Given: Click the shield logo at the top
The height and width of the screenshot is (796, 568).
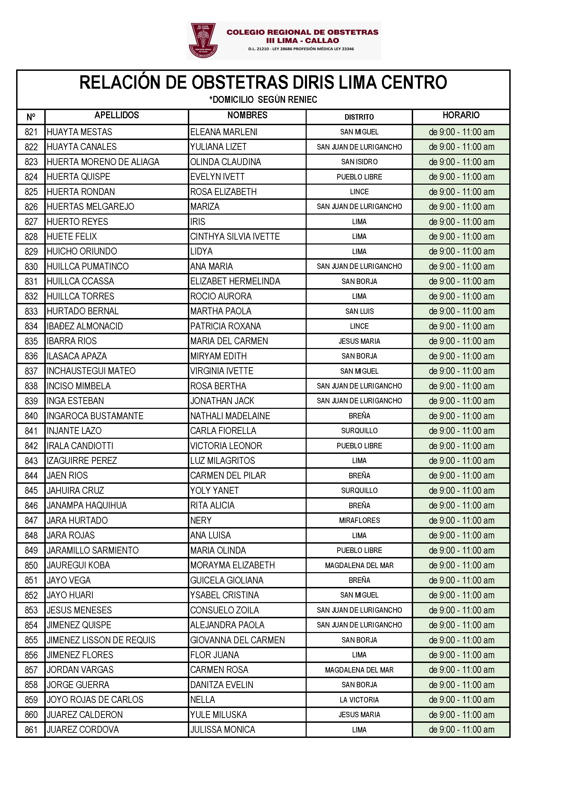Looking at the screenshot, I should (x=203, y=41).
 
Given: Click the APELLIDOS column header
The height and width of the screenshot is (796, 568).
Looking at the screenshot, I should (x=116, y=115).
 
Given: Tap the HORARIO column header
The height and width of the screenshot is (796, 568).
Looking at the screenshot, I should (x=461, y=115).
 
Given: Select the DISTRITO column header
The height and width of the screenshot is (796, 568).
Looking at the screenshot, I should (x=359, y=117).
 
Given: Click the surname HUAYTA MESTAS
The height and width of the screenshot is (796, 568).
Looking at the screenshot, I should (x=79, y=132).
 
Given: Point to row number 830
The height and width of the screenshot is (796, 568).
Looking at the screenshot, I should (x=31, y=266).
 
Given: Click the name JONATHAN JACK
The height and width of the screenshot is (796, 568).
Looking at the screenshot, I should (x=222, y=401).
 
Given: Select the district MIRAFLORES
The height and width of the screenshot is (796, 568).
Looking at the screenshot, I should (x=359, y=520).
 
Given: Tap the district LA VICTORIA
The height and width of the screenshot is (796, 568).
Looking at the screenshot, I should (x=359, y=700).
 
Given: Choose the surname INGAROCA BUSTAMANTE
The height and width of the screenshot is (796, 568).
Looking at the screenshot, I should (x=95, y=416).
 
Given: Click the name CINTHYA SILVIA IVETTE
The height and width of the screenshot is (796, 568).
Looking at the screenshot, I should (x=235, y=236).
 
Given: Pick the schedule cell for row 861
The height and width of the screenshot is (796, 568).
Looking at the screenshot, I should (x=461, y=729).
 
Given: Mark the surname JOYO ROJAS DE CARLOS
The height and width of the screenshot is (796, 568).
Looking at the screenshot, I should (x=95, y=700).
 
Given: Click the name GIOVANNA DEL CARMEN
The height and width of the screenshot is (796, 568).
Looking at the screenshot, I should (x=237, y=640).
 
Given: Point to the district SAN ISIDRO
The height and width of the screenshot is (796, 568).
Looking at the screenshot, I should (x=359, y=162).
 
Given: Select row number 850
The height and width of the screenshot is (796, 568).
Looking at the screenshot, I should (x=31, y=565).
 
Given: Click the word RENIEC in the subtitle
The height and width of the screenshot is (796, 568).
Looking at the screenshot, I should (x=303, y=100).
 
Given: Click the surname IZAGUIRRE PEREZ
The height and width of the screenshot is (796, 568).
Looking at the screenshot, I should (x=82, y=460).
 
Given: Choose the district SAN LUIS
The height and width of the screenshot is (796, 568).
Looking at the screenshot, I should (x=359, y=311).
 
